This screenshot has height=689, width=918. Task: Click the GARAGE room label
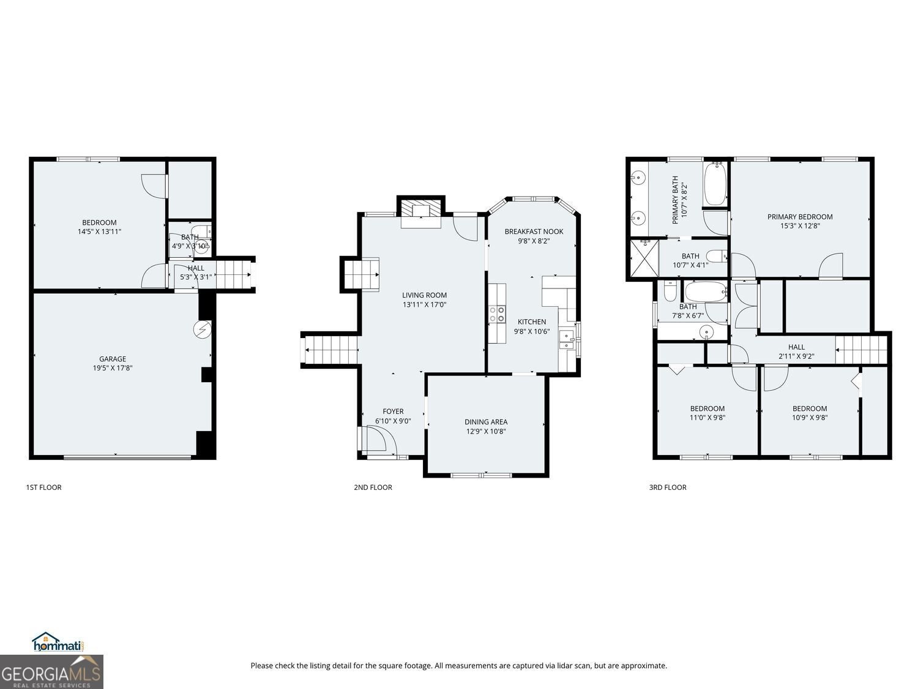tap(113, 359)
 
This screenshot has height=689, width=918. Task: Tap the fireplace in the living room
tap(420, 212)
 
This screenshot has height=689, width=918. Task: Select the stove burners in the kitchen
tap(497, 314)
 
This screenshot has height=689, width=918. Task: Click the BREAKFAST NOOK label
tap(534, 232)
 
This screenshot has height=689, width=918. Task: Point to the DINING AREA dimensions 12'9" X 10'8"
tap(485, 431)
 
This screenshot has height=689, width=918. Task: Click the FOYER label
tap(393, 412)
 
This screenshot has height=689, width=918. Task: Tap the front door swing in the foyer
tap(375, 440)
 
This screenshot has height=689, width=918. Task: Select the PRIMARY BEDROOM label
tap(800, 217)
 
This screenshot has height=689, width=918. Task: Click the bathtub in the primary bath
tap(714, 184)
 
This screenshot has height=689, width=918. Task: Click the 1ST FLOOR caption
tap(43, 488)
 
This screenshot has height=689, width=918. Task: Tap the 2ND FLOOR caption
tap(373, 488)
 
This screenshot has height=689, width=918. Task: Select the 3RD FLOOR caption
tap(668, 488)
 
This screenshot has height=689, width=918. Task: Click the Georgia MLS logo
tap(51, 672)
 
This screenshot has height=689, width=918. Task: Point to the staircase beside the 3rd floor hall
tap(861, 350)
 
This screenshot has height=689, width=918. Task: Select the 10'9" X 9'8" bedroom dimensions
tap(810, 418)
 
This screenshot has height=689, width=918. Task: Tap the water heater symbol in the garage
tap(202, 329)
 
